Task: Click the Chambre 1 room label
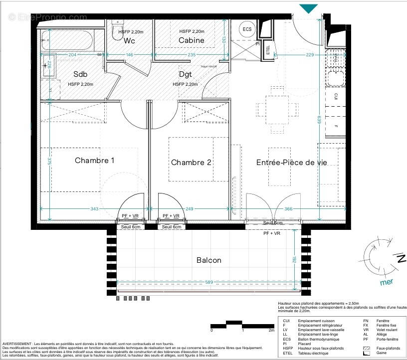[x=95, y=161]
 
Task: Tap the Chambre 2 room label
[x=188, y=163]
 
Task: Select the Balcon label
[x=208, y=260]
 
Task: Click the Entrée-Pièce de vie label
[x=291, y=163]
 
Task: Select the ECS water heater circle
[x=247, y=29]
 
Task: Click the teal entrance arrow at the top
[x=309, y=8]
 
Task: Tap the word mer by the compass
[x=387, y=282]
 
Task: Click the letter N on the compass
[x=401, y=258]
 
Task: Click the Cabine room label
[x=192, y=40]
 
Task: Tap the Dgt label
[x=186, y=75]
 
